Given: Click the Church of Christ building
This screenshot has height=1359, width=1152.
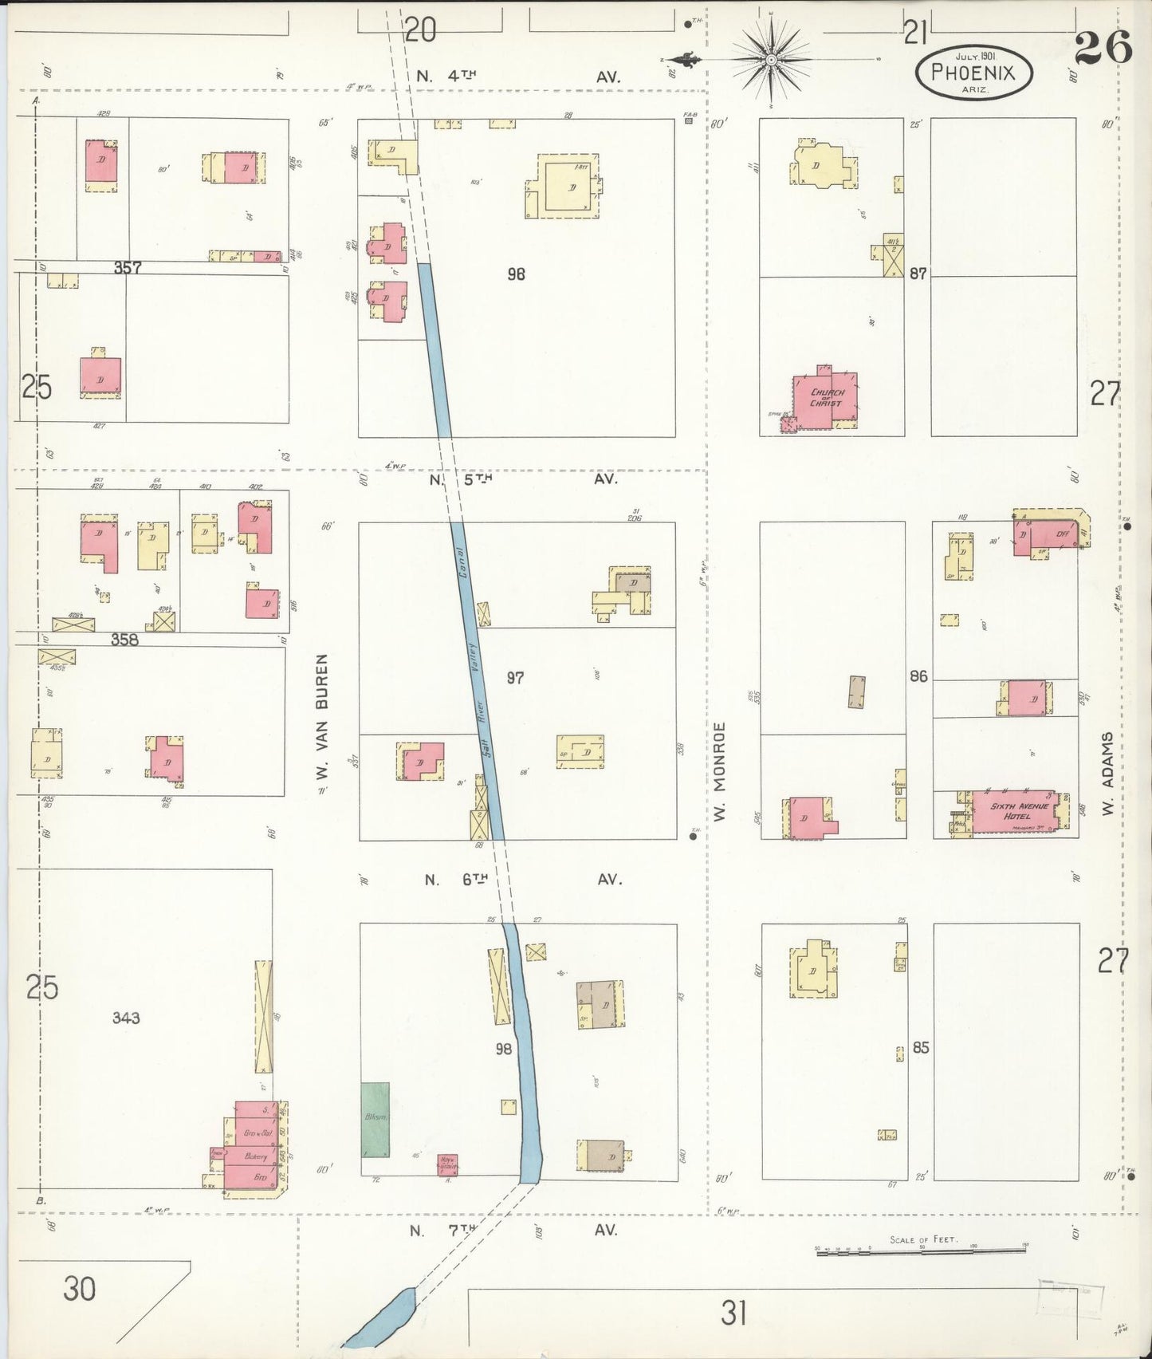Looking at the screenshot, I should (826, 397).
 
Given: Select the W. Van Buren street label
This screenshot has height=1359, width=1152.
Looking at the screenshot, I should (321, 719).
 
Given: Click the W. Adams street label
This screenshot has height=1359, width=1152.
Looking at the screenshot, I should (1107, 774).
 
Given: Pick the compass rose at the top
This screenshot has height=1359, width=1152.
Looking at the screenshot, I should (771, 60).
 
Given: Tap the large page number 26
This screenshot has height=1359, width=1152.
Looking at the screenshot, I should (1103, 49).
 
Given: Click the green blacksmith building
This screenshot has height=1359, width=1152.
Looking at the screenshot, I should (375, 1120).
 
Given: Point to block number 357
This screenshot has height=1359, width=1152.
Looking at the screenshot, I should (128, 268).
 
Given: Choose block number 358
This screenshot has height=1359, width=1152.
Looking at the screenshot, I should (124, 639).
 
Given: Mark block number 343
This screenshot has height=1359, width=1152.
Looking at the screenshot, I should (126, 1017).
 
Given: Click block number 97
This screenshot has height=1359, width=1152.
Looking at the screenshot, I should (516, 678).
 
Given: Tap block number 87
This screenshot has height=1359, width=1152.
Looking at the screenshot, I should (919, 273).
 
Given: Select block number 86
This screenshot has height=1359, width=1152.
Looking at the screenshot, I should (919, 676).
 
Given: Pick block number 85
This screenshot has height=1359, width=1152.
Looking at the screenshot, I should (921, 1047).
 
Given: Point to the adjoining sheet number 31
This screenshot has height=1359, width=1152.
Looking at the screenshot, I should (733, 1312).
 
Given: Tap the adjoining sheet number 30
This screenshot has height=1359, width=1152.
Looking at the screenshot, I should (79, 1288).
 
